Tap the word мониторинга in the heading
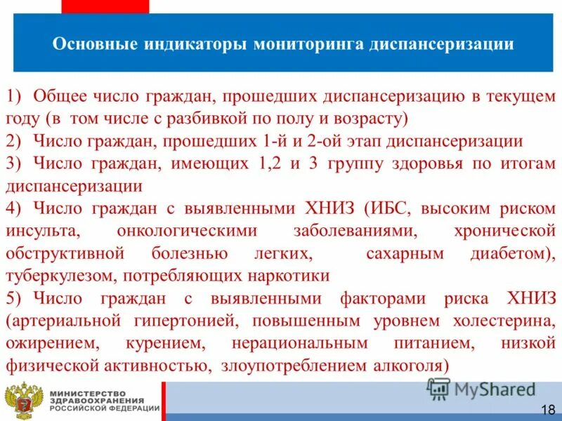(308, 45)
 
